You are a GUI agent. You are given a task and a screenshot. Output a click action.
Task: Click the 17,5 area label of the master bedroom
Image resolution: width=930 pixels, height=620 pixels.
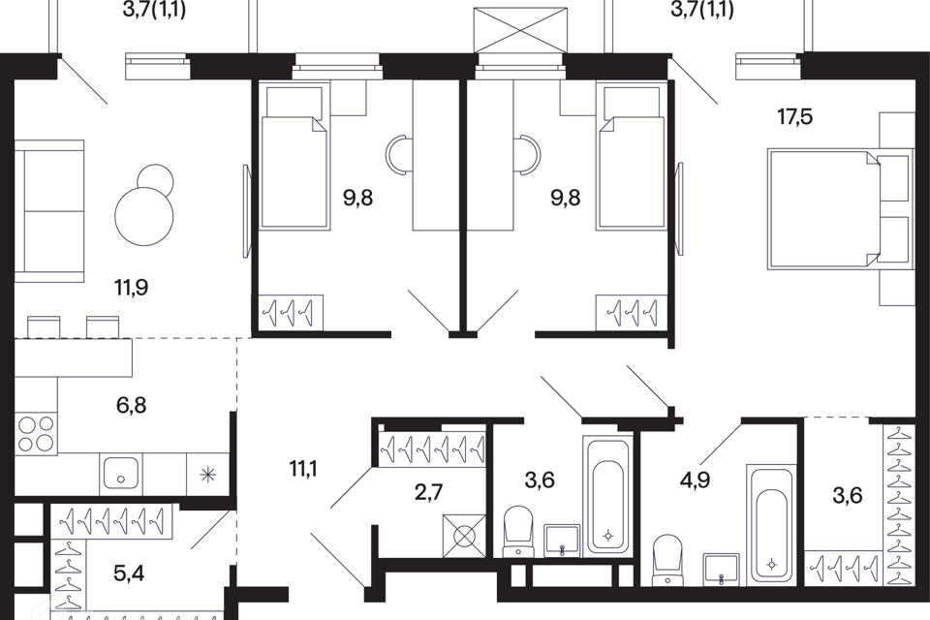[794, 117]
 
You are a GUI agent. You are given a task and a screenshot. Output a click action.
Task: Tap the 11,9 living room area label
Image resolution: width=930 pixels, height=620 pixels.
[131, 288]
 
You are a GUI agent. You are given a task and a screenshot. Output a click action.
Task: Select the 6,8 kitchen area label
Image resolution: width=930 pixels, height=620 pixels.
[131, 406]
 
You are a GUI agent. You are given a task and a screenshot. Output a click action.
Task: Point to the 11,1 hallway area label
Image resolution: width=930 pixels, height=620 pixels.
[303, 469]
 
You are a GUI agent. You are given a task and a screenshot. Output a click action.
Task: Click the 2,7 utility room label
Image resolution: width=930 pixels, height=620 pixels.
[429, 492]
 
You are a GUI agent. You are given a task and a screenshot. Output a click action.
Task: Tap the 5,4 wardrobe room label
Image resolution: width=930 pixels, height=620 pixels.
[129, 573]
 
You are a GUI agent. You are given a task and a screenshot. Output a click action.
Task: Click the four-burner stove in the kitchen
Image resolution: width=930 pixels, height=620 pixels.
[37, 433]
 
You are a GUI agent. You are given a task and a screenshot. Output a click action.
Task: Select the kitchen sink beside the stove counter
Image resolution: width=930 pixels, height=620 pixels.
[122, 473]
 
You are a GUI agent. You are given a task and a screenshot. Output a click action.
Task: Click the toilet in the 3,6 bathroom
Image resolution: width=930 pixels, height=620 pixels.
[518, 532]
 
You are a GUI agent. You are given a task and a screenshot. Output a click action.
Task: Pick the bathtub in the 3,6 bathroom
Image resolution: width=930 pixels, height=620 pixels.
[607, 496]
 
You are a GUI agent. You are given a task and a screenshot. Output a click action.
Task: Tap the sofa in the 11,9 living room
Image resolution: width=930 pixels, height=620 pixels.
[48, 210]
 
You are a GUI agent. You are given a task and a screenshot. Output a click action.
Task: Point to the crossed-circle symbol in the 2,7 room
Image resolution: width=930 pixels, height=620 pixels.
[464, 536]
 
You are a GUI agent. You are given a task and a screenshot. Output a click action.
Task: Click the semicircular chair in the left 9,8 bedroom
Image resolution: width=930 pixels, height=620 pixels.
[394, 155]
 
